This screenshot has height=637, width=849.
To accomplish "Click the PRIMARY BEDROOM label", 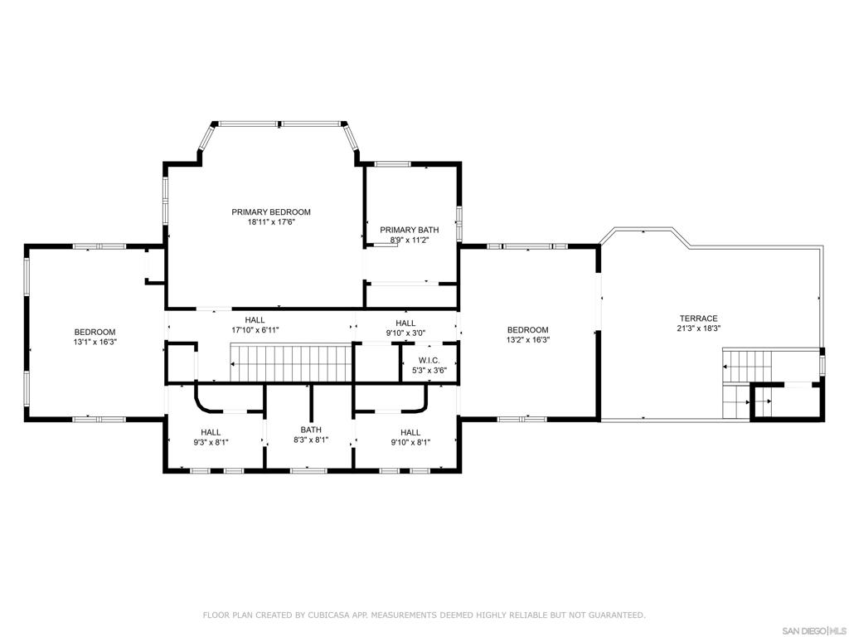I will coord(271,212).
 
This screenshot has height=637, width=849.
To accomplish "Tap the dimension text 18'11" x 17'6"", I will coord(271,222).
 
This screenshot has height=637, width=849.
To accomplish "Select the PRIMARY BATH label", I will coord(410,230).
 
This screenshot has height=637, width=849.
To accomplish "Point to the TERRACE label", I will coord(698,318).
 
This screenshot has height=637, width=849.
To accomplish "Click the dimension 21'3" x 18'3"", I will coord(698,328).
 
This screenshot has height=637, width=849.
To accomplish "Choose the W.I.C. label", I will coord(429,360).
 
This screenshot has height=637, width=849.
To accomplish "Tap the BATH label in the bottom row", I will coord(311,430).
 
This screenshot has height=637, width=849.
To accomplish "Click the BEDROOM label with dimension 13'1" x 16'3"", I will coord(95,332).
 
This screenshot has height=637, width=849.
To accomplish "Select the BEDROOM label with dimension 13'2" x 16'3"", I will coord(528,329).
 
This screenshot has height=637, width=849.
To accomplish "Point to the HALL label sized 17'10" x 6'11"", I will coord(255,320).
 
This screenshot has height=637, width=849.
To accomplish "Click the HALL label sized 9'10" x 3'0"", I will coord(405,323).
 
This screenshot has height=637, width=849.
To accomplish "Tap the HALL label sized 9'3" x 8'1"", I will coord(211,432).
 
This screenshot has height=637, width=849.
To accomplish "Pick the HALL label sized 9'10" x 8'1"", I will coord(410,432).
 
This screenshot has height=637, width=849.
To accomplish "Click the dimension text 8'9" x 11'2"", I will coord(410,241).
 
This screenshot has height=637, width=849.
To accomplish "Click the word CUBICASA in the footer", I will coord(332,615).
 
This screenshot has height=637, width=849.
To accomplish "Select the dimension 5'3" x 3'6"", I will coord(429,370).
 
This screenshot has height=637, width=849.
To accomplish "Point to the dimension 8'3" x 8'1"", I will coord(311,440).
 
